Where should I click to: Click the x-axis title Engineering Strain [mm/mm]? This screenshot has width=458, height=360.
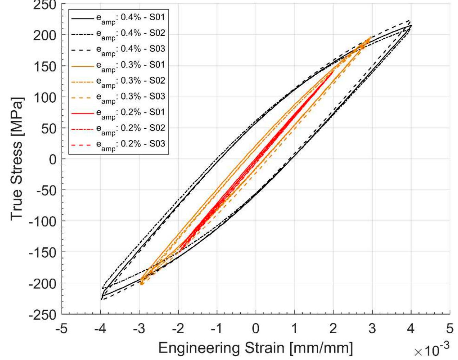(255, 348)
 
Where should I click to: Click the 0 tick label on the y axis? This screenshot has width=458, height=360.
(53, 159)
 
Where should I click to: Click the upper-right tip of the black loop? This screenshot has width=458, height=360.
(411, 25)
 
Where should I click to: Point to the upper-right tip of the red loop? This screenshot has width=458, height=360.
(333, 70)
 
